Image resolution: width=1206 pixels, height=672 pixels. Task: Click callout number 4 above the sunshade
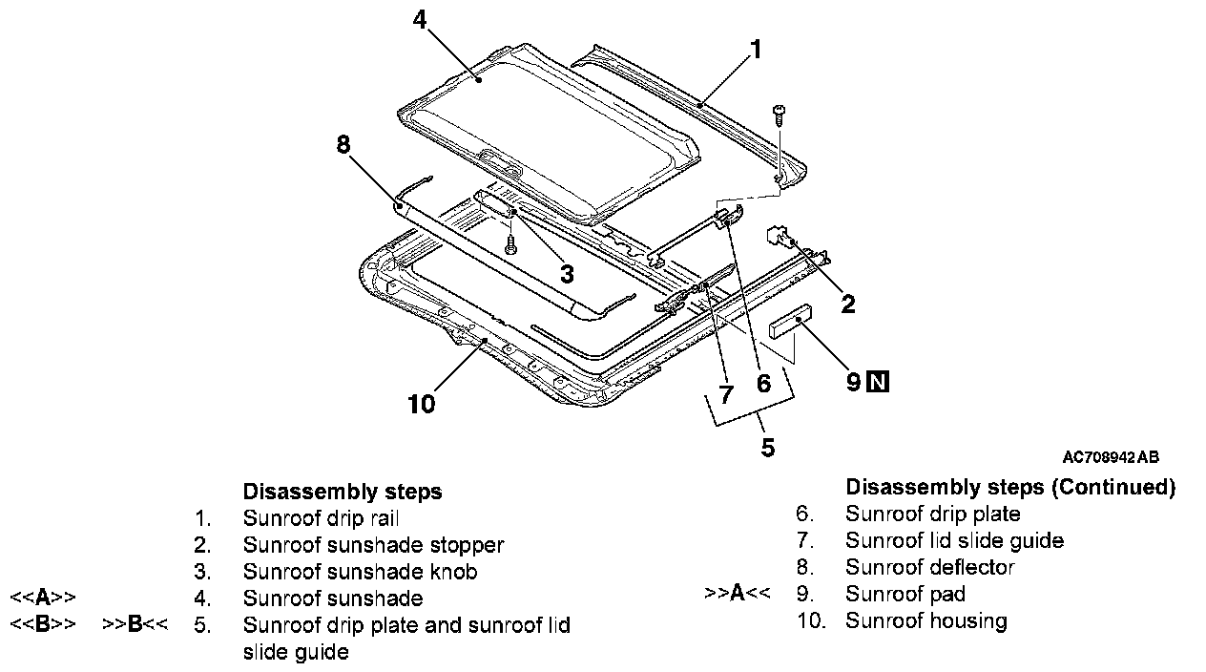(421, 19)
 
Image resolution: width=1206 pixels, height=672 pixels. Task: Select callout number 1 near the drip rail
(757, 50)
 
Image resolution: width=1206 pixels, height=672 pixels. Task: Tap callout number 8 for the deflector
(343, 145)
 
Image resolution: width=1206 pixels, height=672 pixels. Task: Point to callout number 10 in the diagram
(421, 405)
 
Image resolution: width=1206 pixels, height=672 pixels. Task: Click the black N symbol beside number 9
(878, 383)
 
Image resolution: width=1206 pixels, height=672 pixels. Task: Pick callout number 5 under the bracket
(768, 448)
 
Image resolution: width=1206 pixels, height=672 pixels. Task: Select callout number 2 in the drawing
(848, 304)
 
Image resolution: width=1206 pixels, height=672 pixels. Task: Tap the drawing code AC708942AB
(1111, 458)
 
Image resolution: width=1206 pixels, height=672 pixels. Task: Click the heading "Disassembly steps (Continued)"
(1009, 488)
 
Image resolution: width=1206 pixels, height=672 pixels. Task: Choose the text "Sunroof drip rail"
(321, 519)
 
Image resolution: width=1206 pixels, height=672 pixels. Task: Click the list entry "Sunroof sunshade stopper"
(373, 546)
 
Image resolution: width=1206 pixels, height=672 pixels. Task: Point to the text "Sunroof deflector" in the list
(929, 568)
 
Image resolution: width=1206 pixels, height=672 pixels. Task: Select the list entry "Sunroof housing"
(925, 621)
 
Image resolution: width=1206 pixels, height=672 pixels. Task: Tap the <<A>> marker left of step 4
(43, 598)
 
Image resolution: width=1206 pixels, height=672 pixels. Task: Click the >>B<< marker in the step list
(135, 625)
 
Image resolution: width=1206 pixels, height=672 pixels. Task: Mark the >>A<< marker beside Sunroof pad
(737, 594)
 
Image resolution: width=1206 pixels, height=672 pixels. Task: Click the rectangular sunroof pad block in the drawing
(792, 321)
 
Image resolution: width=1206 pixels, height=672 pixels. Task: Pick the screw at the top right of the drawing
(780, 114)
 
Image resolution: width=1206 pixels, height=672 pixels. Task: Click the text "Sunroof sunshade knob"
(360, 573)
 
